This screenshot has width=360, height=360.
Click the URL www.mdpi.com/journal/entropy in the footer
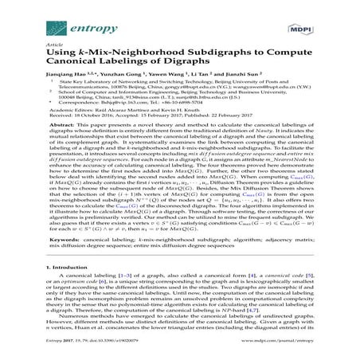point(295,351)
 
